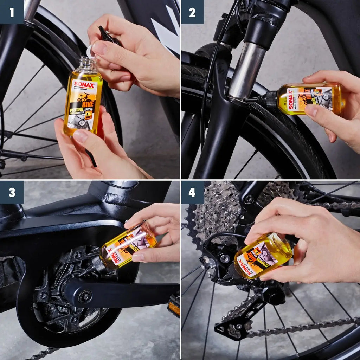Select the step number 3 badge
click(x=12, y=192)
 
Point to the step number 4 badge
click(x=192, y=192)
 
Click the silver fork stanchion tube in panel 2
click(x=246, y=70)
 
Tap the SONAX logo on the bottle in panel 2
click(x=291, y=99)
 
